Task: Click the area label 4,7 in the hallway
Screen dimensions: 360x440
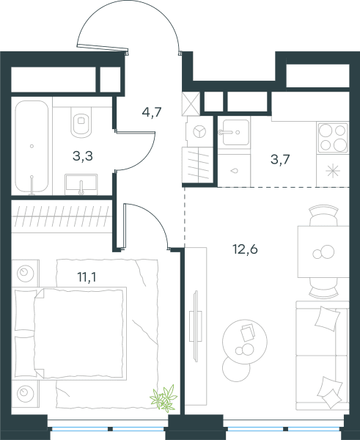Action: tap(152, 113)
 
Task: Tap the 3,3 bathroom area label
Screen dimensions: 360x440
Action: tap(83, 156)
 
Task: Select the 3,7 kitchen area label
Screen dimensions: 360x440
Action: tap(280, 160)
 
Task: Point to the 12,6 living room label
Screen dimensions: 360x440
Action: tap(245, 249)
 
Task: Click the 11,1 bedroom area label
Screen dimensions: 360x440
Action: tap(87, 277)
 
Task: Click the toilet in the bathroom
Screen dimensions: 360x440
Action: tap(81, 122)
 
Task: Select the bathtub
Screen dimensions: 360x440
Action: tap(32, 147)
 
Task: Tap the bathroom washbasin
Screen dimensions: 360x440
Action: tap(81, 184)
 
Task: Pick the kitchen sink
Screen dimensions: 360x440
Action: tap(235, 132)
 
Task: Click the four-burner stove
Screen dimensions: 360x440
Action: tap(333, 138)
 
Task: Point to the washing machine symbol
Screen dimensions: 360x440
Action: tap(199, 131)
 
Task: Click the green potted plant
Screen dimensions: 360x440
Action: tap(164, 398)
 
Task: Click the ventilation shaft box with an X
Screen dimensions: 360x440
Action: tap(191, 103)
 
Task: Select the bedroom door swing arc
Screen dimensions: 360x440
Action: tap(155, 219)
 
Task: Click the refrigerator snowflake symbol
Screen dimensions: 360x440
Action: tap(333, 171)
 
